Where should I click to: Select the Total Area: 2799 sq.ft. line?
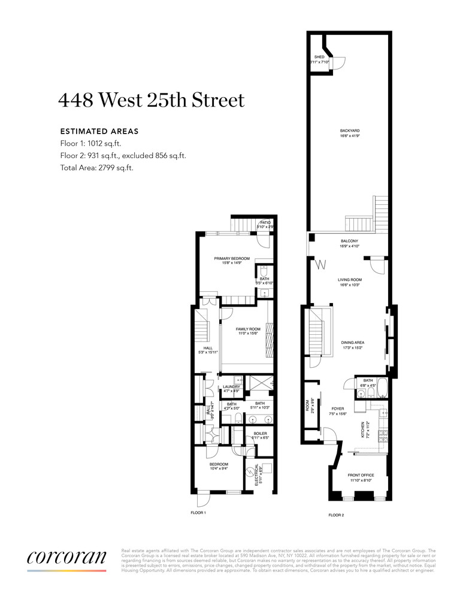97,168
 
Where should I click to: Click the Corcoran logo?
66,557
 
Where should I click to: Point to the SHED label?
319,56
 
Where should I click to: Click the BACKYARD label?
349,130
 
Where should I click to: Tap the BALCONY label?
349,241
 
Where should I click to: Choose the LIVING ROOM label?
350,279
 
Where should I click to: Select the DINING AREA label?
353,343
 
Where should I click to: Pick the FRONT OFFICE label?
360,476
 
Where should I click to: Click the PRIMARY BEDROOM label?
232,258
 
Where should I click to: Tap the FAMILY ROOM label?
248,329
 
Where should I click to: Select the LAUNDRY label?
231,387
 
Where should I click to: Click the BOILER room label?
260,433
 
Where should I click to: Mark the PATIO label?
265,222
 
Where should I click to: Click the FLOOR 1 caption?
198,513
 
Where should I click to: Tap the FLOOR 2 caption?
336,515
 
